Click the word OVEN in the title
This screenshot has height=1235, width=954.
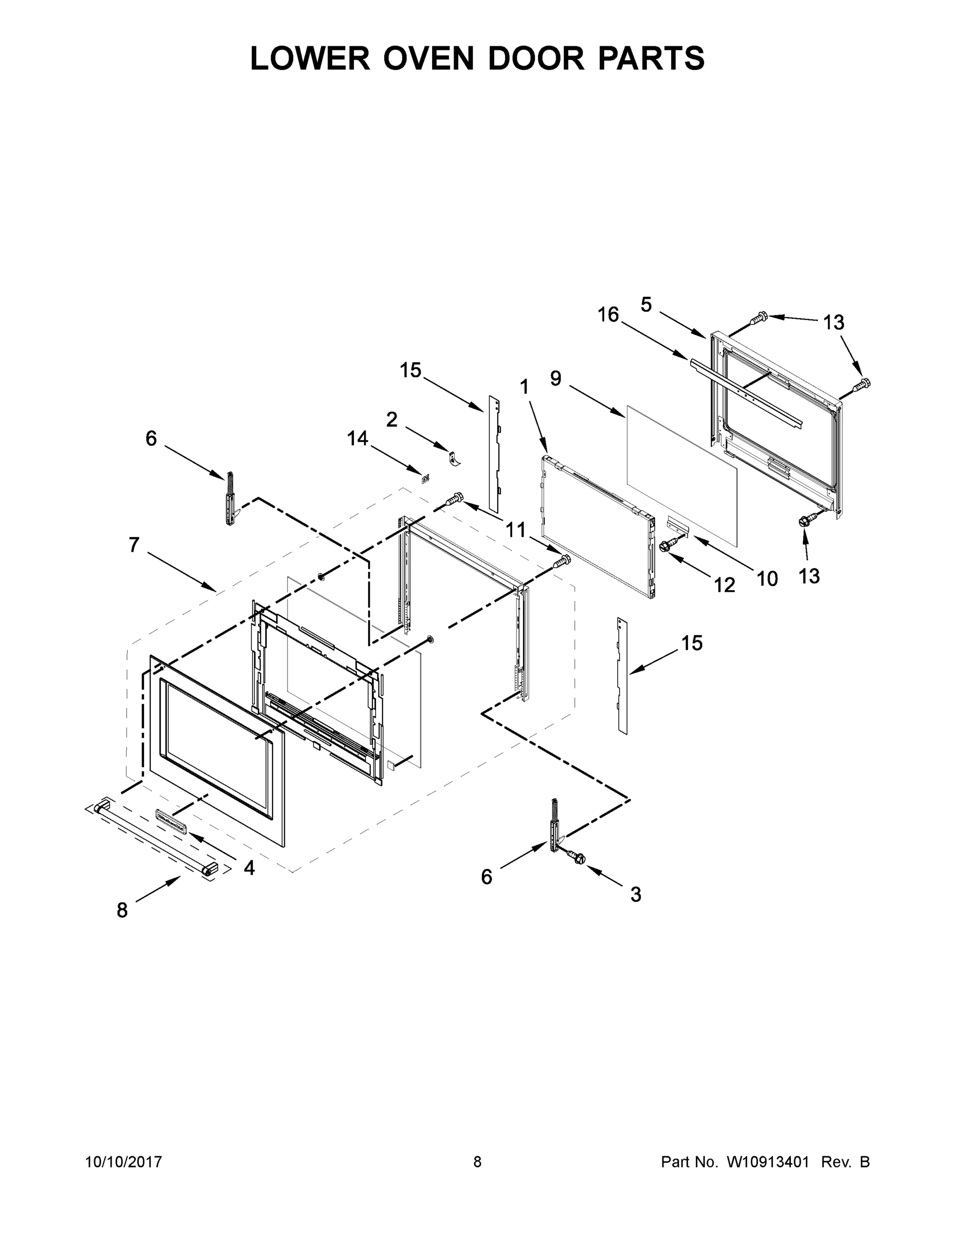click(428, 58)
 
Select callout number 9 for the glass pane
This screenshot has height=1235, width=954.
click(556, 378)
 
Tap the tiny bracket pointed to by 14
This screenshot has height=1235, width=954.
click(425, 479)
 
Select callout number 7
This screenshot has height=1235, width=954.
click(134, 544)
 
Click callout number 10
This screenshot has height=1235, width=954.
click(767, 578)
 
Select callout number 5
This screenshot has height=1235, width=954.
click(646, 304)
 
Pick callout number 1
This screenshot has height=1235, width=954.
click(525, 387)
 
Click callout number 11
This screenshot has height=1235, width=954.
click(515, 530)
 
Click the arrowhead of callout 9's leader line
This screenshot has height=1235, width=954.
click(623, 417)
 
